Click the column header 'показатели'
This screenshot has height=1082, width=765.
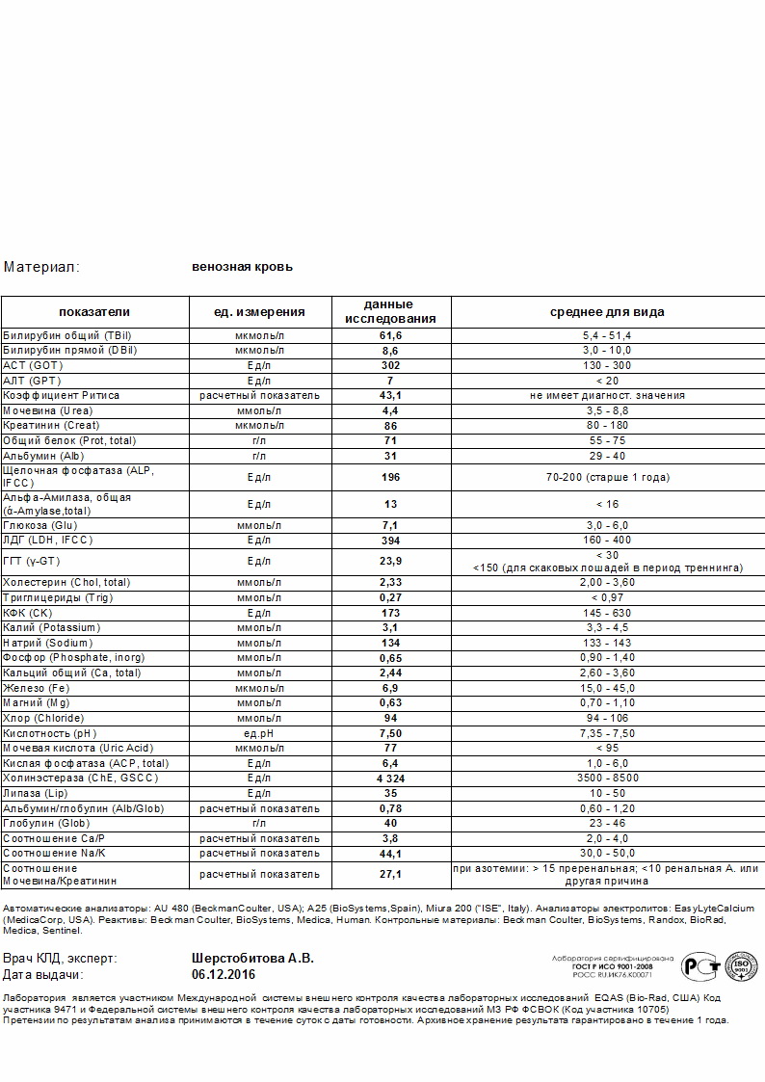[x=93, y=312]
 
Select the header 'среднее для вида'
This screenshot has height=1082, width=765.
[x=607, y=312]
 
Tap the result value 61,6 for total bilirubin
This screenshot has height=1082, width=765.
[x=390, y=335]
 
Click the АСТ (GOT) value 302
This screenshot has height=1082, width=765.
[x=390, y=366]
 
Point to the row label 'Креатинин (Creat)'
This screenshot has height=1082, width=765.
[x=51, y=426]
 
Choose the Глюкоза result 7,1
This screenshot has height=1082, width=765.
[x=390, y=526]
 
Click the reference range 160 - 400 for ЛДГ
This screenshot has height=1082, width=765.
[x=607, y=541]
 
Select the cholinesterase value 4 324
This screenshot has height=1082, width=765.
[x=390, y=779]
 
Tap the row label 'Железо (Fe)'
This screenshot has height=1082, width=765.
[x=36, y=689]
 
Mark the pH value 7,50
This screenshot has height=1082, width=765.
[x=390, y=733]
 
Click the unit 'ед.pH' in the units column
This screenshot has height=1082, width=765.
[x=259, y=733]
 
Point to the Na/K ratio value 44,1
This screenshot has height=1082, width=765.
[x=390, y=854]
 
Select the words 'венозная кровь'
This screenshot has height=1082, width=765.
[x=242, y=267]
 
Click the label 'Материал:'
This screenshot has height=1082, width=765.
[x=41, y=267]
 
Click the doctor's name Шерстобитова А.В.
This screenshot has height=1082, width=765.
[x=253, y=959]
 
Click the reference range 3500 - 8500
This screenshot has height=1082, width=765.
[x=607, y=779]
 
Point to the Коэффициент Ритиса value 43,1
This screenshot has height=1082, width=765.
[x=390, y=396]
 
